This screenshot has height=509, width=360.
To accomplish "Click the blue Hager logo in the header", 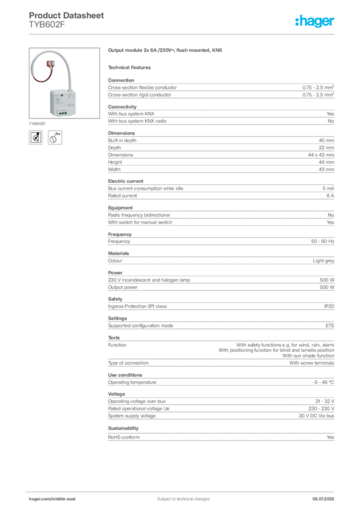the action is [315, 22].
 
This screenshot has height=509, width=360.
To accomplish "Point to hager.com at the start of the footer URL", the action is [40, 499].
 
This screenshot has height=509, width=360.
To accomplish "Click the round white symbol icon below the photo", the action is [36, 138].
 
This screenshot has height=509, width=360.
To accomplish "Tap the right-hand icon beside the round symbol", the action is [56, 138].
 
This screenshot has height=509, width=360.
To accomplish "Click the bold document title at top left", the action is [67, 17].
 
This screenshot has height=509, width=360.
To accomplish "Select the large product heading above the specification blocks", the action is [167, 51].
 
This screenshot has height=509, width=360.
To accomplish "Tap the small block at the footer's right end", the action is [326, 496].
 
